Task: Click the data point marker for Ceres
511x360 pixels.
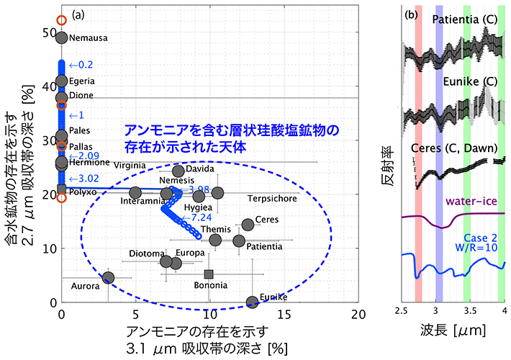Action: pos(248,225)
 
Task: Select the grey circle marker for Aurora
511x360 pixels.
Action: pos(108,278)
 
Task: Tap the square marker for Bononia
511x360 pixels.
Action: pos(209,274)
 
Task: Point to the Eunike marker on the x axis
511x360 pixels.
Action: pos(252,302)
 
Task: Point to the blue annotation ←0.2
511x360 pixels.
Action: pos(81,65)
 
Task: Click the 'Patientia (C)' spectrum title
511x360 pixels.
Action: pos(458,19)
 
